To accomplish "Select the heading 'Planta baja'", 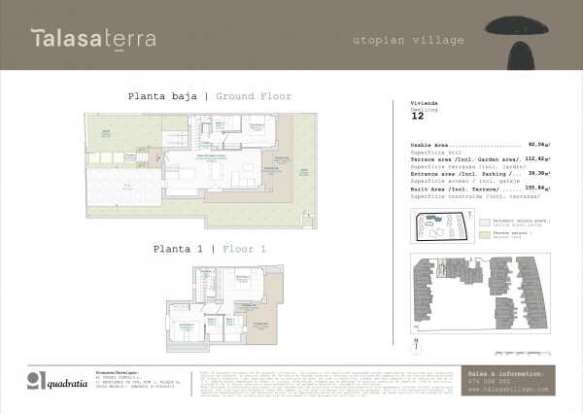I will click(163, 96).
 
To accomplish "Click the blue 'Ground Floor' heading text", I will click(254, 96).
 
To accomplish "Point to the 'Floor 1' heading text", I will click(244, 249).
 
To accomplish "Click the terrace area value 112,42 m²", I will click(538, 157).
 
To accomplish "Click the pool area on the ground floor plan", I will click(126, 185).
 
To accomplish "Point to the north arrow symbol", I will click(416, 343).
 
